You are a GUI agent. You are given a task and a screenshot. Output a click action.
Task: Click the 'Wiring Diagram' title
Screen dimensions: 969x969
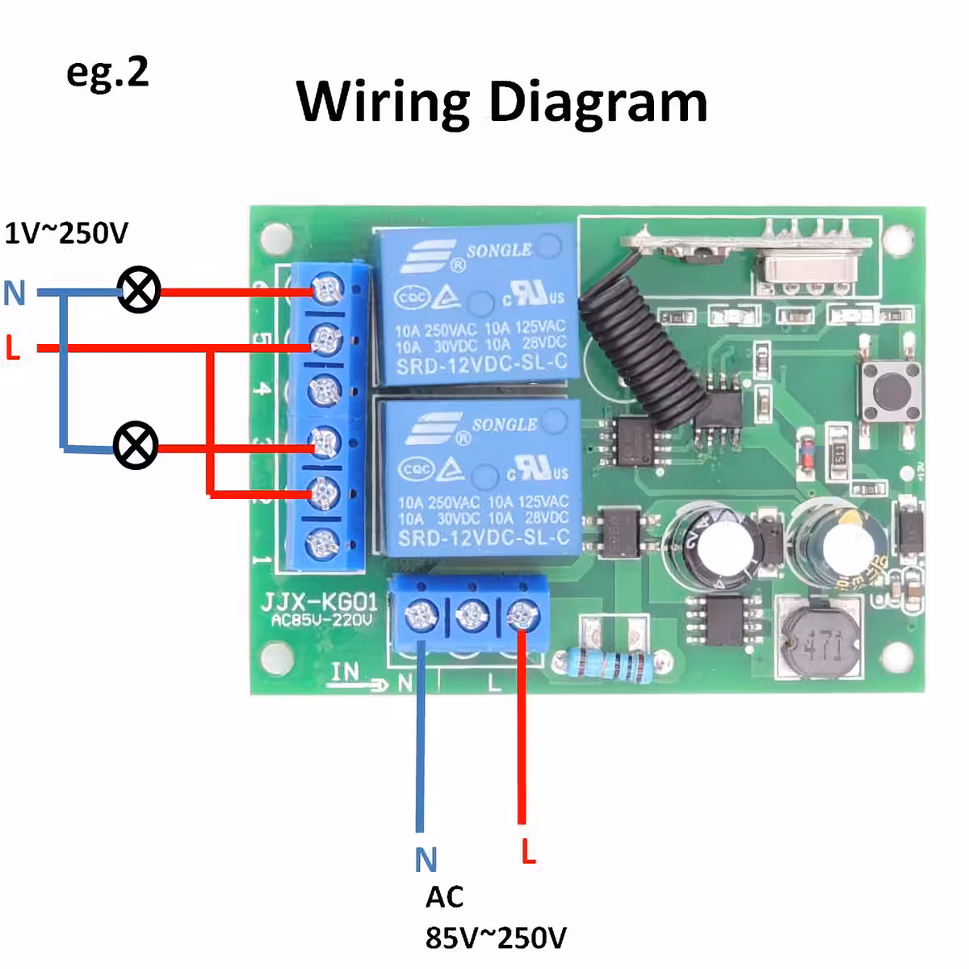click(501, 103)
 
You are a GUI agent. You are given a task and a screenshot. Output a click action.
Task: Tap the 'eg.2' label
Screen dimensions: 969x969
click(107, 73)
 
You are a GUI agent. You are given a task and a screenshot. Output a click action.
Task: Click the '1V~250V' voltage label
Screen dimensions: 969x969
click(66, 233)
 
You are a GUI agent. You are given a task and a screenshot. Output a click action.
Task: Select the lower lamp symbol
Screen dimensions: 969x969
click(136, 446)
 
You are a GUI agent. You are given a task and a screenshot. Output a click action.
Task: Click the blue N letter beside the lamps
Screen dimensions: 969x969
click(15, 293)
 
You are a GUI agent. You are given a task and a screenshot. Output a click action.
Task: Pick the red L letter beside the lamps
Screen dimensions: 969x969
click(12, 348)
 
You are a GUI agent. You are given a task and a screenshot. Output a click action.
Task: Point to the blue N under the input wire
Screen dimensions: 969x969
click(426, 861)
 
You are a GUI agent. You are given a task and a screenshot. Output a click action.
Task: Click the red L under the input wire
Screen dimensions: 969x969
click(528, 851)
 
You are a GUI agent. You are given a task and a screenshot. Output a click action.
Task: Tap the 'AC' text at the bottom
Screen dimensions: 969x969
click(445, 897)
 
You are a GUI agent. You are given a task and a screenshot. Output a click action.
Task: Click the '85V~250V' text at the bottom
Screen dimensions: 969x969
click(496, 938)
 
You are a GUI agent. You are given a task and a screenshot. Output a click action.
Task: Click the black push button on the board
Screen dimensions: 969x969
click(891, 392)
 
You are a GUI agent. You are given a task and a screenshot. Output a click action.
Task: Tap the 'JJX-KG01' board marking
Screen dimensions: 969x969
click(319, 602)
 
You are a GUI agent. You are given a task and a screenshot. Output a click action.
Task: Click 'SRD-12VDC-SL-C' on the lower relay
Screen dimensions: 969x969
click(484, 537)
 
